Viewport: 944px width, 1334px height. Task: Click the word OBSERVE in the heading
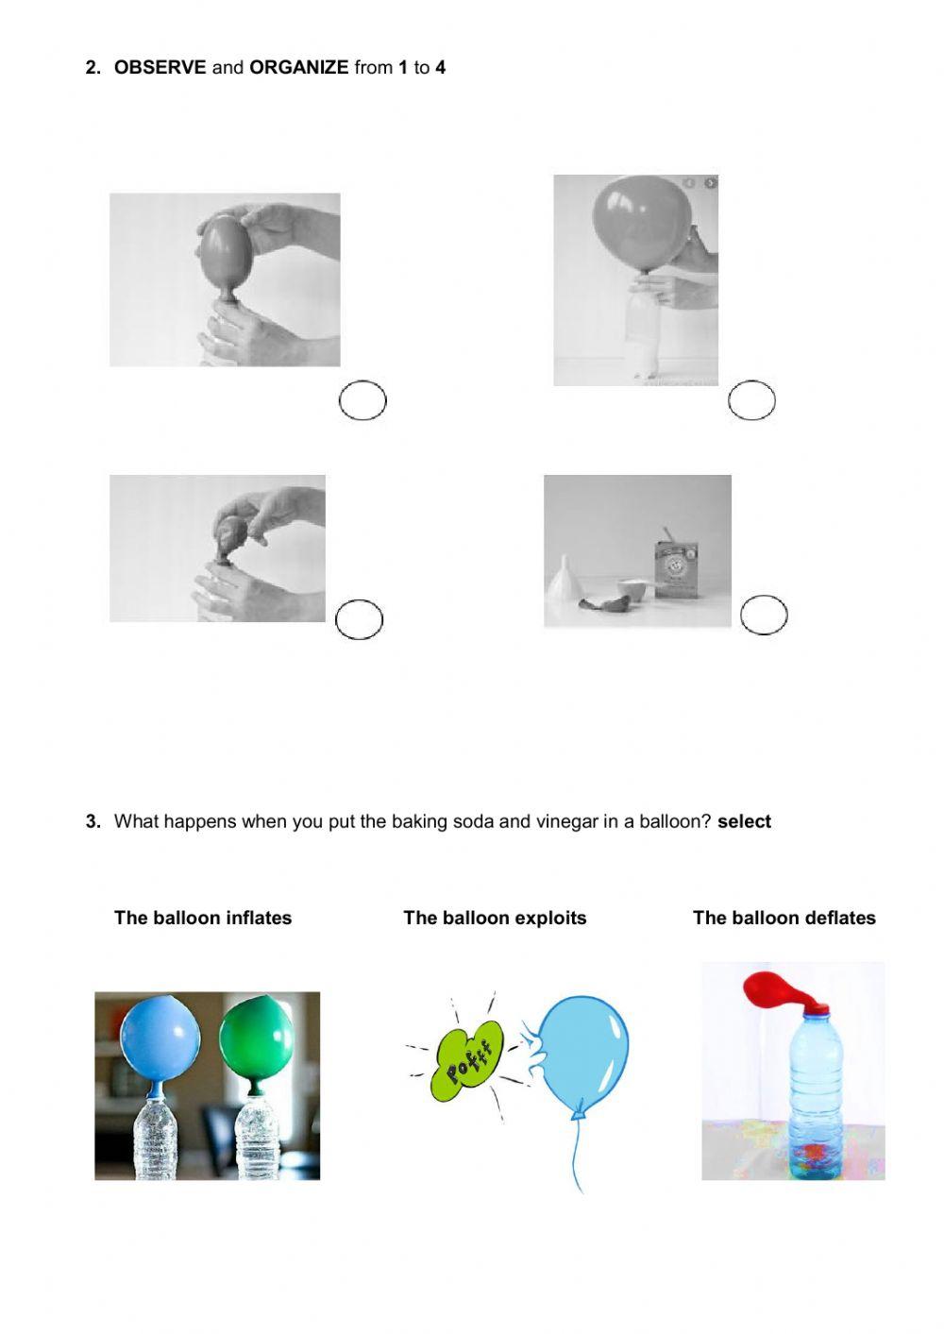point(160,67)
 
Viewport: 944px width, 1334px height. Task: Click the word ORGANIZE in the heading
point(298,67)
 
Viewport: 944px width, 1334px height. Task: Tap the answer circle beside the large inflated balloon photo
point(751,401)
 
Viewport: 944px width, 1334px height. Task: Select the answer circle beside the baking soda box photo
point(764,616)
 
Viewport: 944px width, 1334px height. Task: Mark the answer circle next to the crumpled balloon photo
point(360,619)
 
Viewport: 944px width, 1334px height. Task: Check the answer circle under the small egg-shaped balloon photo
point(362,401)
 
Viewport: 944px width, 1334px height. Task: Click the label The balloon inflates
point(203,918)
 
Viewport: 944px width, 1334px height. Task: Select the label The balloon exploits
point(495,918)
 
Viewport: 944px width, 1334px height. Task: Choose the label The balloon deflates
point(784,918)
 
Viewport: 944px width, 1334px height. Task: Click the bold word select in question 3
point(744,821)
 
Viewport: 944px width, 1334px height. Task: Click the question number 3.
point(93,821)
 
